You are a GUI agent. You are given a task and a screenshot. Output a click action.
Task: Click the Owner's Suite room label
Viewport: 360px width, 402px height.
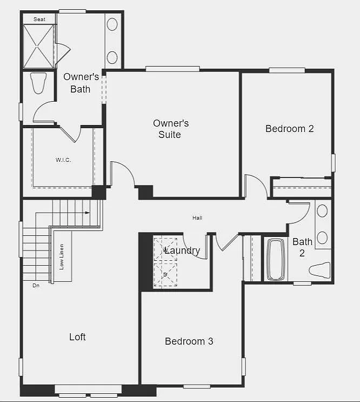pyautogui.click(x=170, y=129)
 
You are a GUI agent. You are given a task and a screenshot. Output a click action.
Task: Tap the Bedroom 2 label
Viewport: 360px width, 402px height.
pyautogui.click(x=289, y=129)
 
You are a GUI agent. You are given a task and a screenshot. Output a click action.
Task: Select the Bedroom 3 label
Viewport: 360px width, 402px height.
pyautogui.click(x=189, y=341)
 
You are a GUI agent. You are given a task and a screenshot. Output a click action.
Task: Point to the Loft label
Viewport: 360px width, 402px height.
pyautogui.click(x=77, y=337)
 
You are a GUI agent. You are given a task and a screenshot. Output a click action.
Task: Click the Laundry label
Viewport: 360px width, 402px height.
pyautogui.click(x=182, y=251)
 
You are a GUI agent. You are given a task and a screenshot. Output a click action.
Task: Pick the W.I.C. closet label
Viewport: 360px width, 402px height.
pyautogui.click(x=63, y=160)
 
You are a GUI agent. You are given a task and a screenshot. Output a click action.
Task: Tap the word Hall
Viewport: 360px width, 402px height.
pyautogui.click(x=197, y=218)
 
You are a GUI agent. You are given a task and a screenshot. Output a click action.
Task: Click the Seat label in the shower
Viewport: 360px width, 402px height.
pyautogui.click(x=39, y=19)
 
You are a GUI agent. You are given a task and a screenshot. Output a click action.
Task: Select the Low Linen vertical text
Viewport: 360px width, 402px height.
pyautogui.click(x=62, y=257)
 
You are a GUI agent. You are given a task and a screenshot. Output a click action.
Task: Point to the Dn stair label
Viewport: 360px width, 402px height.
pyautogui.click(x=36, y=285)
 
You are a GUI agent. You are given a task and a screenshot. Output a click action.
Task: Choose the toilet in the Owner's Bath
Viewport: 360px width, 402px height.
pyautogui.click(x=38, y=83)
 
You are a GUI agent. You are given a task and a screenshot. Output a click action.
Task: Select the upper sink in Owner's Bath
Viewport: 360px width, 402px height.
pyautogui.click(x=112, y=24)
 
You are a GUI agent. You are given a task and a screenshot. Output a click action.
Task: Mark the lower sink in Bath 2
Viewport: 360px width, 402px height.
pyautogui.click(x=322, y=238)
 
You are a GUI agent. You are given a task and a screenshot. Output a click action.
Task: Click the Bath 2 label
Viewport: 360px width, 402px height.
pyautogui.click(x=302, y=247)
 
